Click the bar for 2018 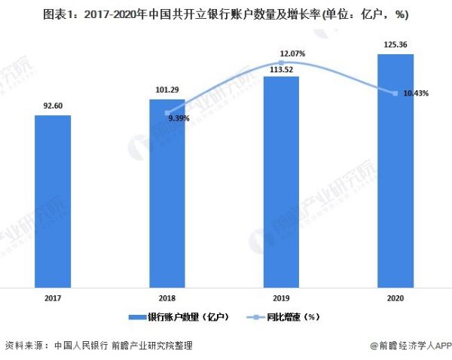(167, 193)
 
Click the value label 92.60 (53, 106)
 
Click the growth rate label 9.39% (179, 118)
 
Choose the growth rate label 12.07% (292, 54)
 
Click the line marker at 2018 (167, 112)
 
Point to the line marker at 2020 (395, 93)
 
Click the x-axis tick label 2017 (53, 299)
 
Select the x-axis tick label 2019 (281, 299)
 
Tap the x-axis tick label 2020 (395, 299)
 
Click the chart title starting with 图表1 (226, 13)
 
